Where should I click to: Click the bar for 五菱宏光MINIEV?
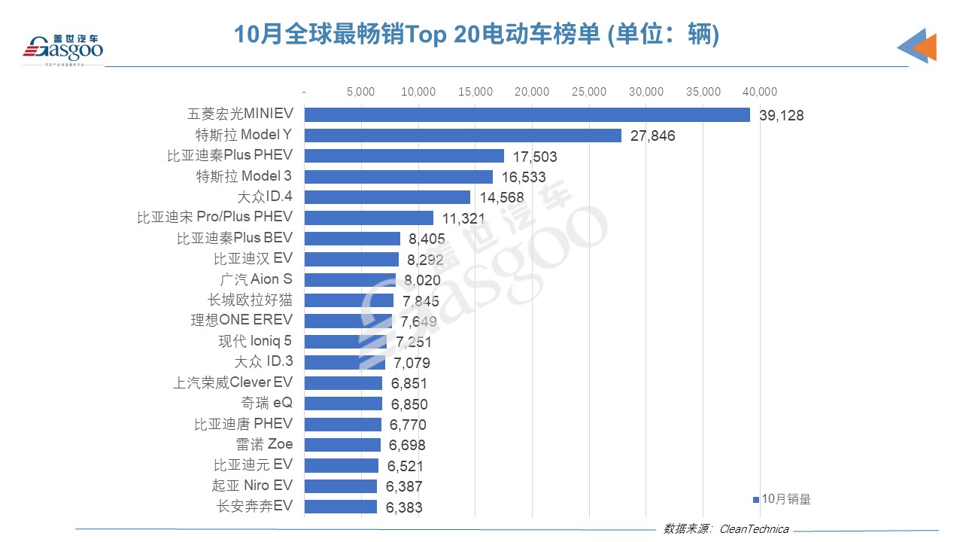tap(527, 114)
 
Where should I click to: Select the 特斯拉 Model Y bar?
tap(463, 135)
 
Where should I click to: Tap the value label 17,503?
tap(534, 157)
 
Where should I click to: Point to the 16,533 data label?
tap(523, 178)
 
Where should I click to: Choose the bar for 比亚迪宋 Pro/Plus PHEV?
tap(369, 218)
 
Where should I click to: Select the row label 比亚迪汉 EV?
tap(254, 258)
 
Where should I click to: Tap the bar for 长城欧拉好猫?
tap(348, 300)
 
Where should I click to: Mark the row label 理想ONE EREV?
tap(242, 320)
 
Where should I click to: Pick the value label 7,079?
tap(411, 364)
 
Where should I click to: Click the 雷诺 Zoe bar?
tap(342, 444)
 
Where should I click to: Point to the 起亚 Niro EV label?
tap(252, 486)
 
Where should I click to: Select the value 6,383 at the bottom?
tap(404, 507)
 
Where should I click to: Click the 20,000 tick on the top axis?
tap(533, 92)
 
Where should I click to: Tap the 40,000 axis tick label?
tap(759, 92)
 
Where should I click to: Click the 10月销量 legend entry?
tap(783, 498)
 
